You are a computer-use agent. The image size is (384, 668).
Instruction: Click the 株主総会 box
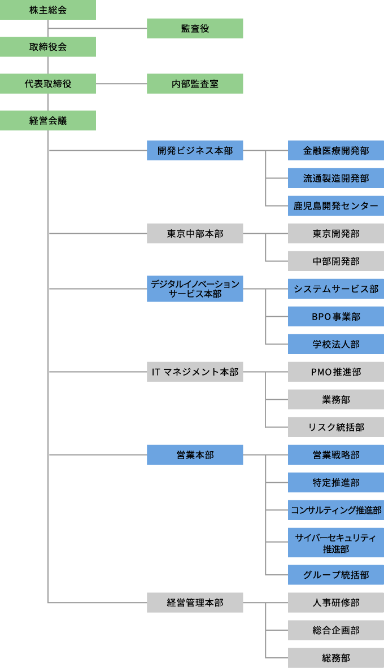point(48,10)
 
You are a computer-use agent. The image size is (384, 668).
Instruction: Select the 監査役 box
point(195,28)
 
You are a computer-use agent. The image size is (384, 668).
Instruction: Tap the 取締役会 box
point(48,47)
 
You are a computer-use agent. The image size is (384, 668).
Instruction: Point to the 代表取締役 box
point(48,84)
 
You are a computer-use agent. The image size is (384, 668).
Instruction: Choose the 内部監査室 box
point(195,84)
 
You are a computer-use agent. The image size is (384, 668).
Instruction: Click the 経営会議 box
point(48,120)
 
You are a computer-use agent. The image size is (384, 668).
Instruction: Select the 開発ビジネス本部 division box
point(195,150)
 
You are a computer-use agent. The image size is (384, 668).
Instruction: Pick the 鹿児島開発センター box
point(336,206)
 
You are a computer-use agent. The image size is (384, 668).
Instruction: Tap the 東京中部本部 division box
point(195,233)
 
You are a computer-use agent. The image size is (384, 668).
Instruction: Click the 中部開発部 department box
point(336,261)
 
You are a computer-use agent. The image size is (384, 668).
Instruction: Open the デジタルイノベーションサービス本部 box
point(195,289)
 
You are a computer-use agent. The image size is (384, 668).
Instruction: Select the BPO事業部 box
point(336,316)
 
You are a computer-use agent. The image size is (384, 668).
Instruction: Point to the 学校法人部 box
point(336,344)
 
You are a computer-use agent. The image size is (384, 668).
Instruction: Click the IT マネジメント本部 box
point(195,372)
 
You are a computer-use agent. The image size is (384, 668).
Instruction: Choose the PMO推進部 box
point(336,372)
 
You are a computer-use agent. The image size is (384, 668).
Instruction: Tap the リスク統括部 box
point(336,427)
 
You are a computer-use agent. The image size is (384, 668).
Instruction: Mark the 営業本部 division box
point(195,455)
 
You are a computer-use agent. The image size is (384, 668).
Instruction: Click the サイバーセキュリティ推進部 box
point(336,543)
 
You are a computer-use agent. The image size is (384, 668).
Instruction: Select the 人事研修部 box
point(336,602)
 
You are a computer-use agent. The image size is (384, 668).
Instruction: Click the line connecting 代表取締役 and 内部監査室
point(121,84)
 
